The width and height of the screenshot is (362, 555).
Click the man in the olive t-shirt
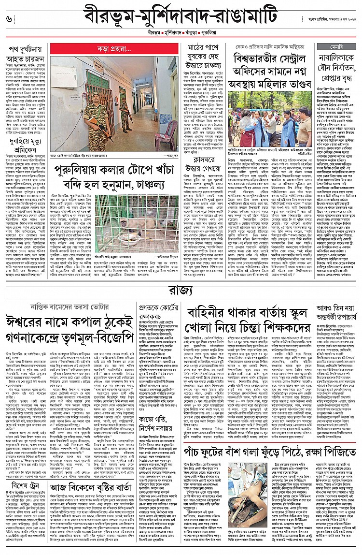[x=306, y=132]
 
